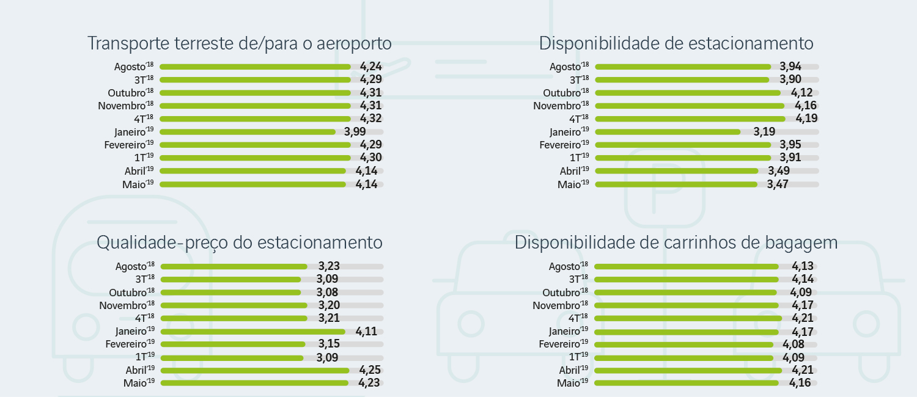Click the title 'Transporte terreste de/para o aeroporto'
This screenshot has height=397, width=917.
(x=239, y=44)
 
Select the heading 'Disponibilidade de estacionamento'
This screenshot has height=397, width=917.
(x=676, y=44)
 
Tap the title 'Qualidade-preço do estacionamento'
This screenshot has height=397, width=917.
(x=240, y=242)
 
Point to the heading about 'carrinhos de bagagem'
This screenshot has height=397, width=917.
(x=676, y=242)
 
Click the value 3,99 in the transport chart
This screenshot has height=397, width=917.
(x=356, y=131)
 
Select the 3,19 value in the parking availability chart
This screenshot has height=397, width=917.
(x=764, y=131)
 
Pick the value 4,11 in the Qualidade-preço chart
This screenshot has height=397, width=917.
(x=367, y=331)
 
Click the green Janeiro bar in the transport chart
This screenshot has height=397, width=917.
(x=248, y=132)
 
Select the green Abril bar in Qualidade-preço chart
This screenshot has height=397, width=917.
(x=254, y=370)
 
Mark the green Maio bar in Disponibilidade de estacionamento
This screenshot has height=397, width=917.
(x=676, y=184)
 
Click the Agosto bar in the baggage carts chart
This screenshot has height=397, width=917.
(x=686, y=266)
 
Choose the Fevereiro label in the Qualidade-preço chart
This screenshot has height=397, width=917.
(x=130, y=344)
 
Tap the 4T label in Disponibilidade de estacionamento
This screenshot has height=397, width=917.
(x=578, y=118)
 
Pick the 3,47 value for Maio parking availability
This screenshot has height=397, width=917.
(x=778, y=184)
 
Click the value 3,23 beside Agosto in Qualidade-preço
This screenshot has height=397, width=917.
(x=329, y=266)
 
